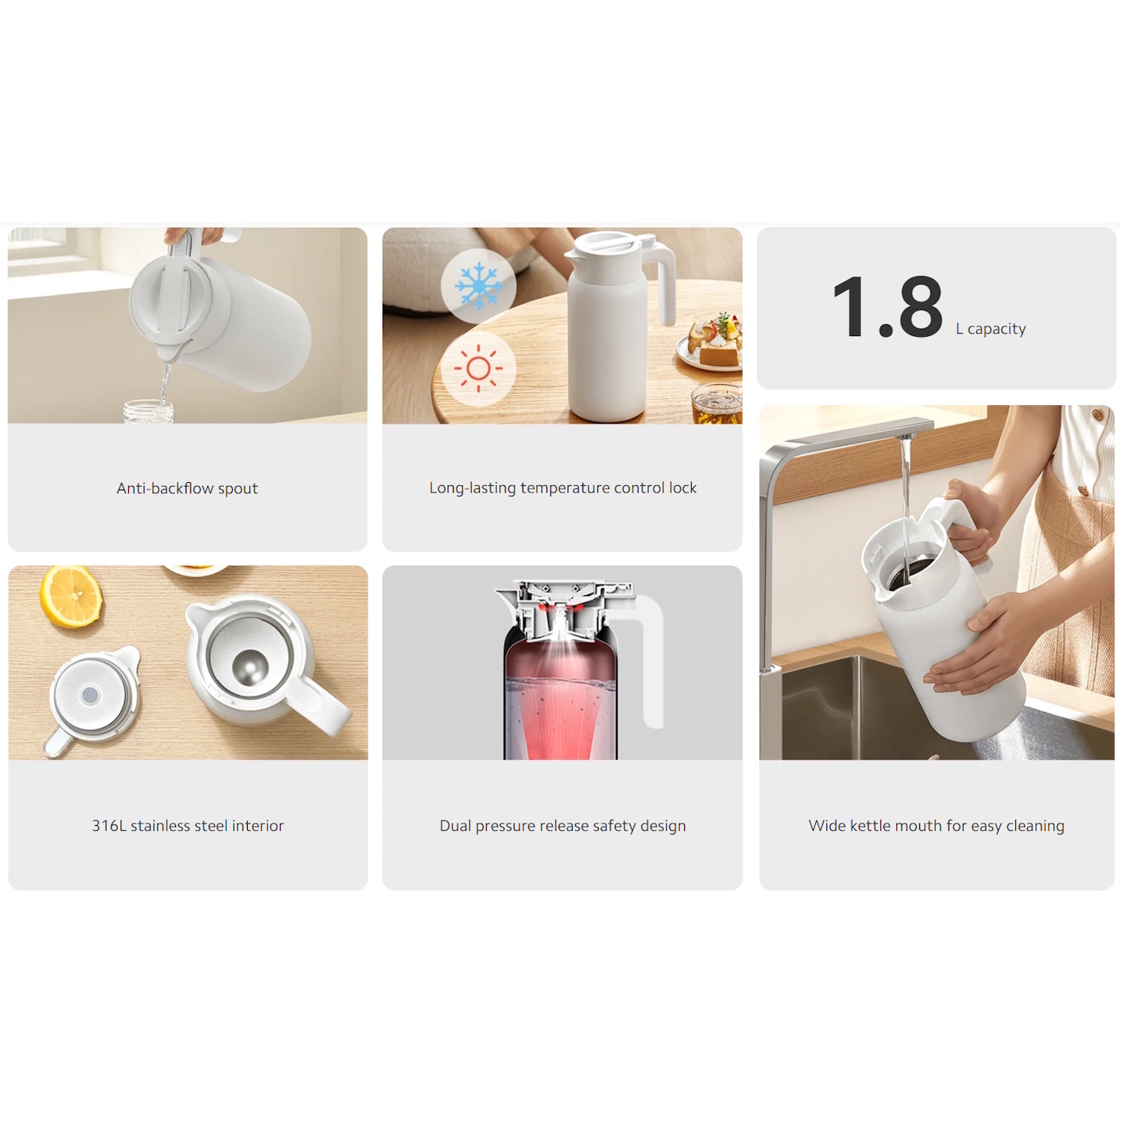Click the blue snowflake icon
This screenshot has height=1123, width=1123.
[x=478, y=286]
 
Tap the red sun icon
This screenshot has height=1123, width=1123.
[x=478, y=368]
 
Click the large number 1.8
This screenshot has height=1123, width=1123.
[x=888, y=307]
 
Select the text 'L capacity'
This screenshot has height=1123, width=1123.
[x=990, y=329]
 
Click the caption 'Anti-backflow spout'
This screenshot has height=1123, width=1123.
[x=187, y=488]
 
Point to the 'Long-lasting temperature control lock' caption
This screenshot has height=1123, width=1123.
[x=563, y=488]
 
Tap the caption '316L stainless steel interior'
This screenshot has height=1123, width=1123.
[x=188, y=826]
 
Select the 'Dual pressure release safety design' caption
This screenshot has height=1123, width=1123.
[x=563, y=826]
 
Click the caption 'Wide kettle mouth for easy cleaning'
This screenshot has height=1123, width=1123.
[x=937, y=826]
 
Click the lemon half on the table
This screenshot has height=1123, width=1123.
[x=71, y=596]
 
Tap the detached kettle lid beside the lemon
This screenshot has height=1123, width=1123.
[x=93, y=698]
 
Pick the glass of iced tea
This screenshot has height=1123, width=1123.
[x=716, y=404]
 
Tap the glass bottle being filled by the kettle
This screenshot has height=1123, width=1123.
[x=148, y=412]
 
